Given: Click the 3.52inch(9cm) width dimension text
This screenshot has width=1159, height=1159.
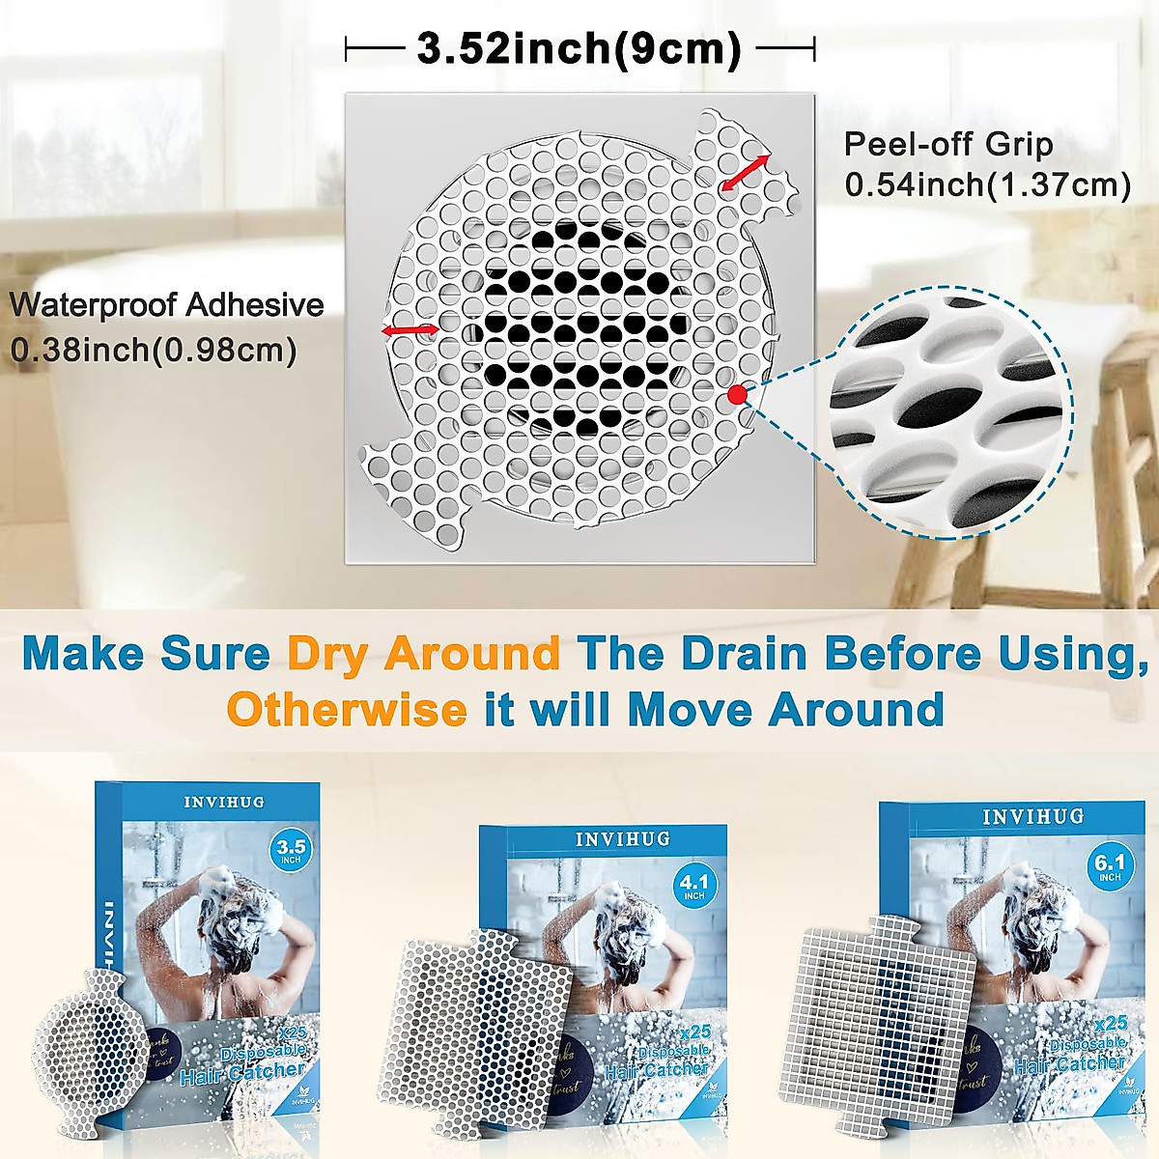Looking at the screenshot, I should pyautogui.click(x=579, y=48).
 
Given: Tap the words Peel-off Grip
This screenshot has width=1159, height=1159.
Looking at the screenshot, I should pyautogui.click(x=947, y=144).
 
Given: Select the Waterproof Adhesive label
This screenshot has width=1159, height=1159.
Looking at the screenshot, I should pyautogui.click(x=166, y=305).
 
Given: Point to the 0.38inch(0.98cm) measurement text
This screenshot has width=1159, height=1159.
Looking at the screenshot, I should pyautogui.click(x=153, y=348).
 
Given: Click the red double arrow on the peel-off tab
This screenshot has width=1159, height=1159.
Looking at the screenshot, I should pyautogui.click(x=746, y=171).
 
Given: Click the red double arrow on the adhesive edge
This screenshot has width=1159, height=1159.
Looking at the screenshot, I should pyautogui.click(x=410, y=330).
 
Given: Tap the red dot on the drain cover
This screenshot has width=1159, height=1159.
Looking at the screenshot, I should pyautogui.click(x=738, y=393).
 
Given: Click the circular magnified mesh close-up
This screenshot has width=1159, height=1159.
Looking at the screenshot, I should pyautogui.click(x=950, y=412).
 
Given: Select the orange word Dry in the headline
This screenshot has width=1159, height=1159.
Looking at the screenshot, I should pyautogui.click(x=326, y=654).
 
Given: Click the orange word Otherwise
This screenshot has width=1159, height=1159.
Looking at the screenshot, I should pyautogui.click(x=347, y=710).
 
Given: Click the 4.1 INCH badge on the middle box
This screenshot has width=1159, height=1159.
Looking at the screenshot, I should pyautogui.click(x=693, y=886).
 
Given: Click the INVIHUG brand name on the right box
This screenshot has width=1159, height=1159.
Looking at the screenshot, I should pyautogui.click(x=1032, y=817).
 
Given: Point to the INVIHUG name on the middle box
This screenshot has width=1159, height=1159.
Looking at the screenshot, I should pyautogui.click(x=622, y=839).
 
